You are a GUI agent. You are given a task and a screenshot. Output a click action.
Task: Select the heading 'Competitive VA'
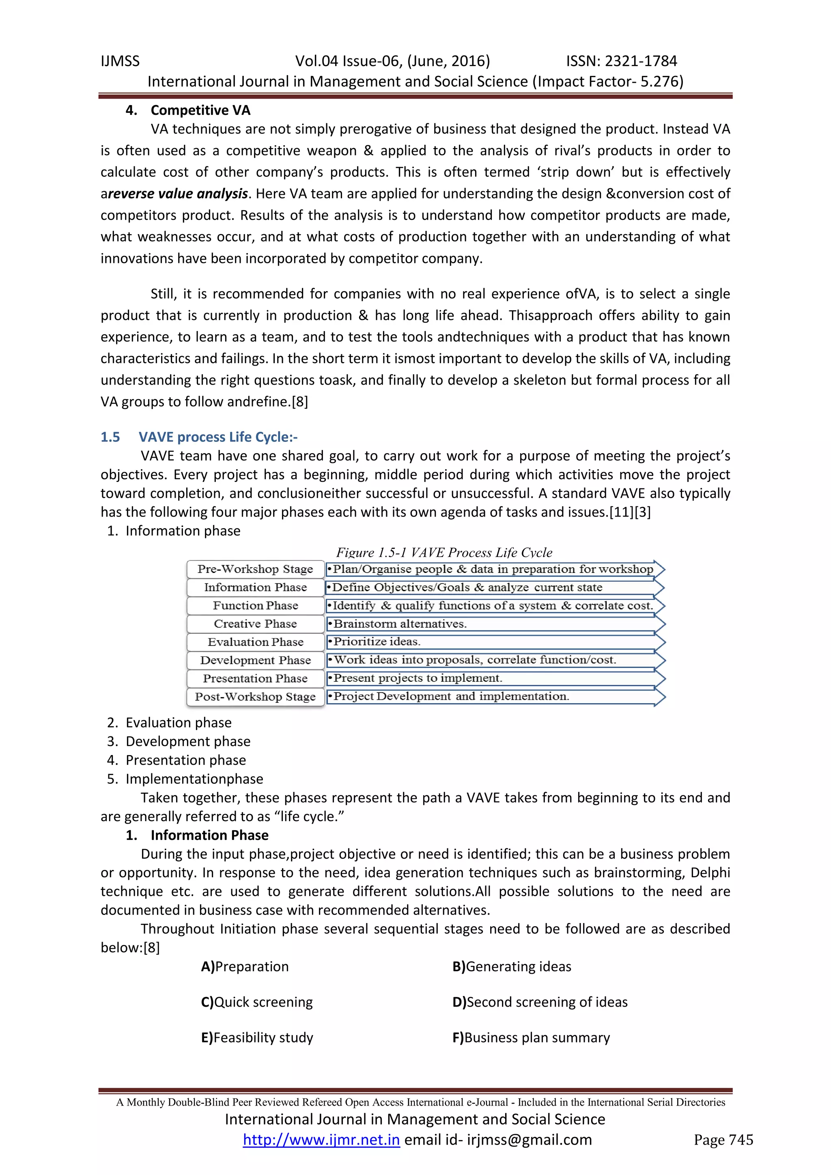tap(200, 110)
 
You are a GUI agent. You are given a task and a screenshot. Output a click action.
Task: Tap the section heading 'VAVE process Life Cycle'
tap(217, 437)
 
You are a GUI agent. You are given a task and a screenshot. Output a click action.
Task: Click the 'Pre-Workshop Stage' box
tap(255, 569)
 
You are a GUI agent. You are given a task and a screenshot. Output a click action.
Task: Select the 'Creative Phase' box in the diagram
tap(255, 624)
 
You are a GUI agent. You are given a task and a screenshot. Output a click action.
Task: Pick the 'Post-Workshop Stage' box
tap(255, 697)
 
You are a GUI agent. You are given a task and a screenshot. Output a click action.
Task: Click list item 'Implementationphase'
tap(194, 779)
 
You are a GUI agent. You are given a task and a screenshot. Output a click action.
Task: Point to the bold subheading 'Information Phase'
tap(209, 835)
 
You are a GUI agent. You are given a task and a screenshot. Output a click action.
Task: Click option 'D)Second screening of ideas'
tap(540, 1002)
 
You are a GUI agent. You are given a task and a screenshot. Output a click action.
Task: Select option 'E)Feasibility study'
tap(257, 1037)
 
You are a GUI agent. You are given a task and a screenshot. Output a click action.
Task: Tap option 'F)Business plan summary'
tap(531, 1037)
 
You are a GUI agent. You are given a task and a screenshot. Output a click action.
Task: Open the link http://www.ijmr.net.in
tap(321, 1140)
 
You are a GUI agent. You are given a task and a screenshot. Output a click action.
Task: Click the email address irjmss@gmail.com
tap(529, 1140)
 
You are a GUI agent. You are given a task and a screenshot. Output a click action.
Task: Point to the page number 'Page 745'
tap(723, 1140)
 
